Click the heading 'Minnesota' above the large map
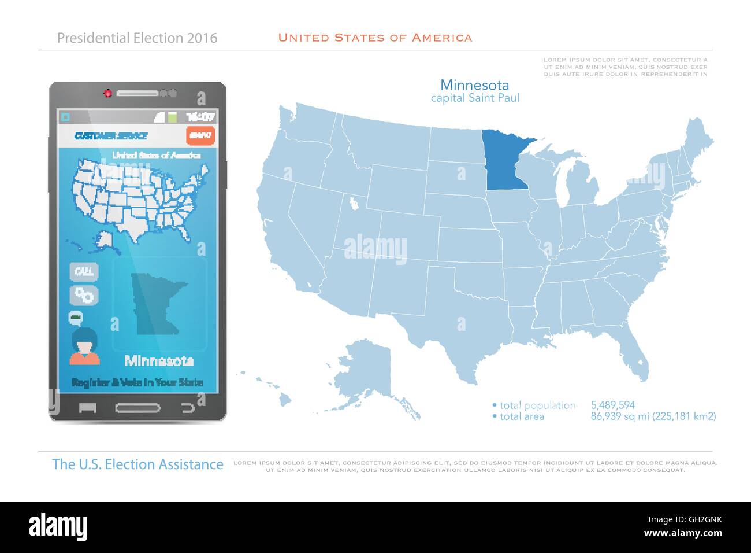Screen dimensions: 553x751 (474, 85)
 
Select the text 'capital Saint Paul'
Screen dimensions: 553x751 (475, 98)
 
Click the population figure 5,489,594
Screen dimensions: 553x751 (613, 405)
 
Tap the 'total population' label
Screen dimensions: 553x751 (537, 405)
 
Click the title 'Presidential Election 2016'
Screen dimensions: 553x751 (137, 38)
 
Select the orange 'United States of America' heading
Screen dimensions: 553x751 (375, 38)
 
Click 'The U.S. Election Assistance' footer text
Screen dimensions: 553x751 (137, 464)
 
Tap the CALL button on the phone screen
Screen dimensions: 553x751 (84, 271)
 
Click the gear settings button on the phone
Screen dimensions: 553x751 (84, 295)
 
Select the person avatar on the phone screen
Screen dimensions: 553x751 (85, 346)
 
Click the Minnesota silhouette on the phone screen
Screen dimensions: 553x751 (155, 301)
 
